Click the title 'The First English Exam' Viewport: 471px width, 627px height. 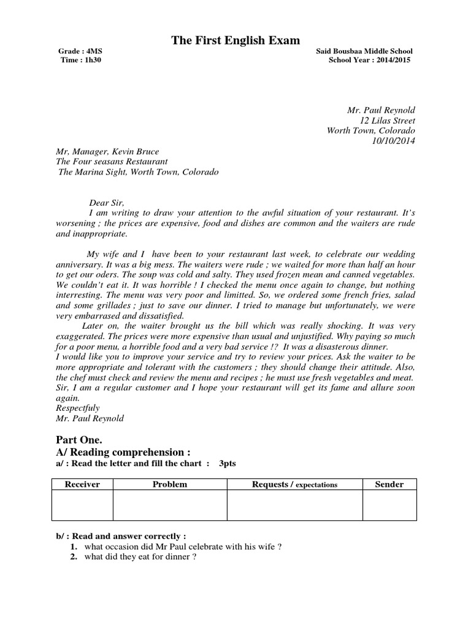(x=235, y=40)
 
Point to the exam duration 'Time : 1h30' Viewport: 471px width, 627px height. (x=78, y=60)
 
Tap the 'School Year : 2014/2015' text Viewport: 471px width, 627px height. (x=370, y=60)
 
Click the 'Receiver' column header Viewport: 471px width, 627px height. (x=82, y=484)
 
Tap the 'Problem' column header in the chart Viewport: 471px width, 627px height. (x=170, y=484)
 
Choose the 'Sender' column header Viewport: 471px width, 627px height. (x=389, y=484)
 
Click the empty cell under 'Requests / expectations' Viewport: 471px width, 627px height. (x=294, y=506)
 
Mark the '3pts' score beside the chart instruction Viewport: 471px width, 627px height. (x=228, y=464)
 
